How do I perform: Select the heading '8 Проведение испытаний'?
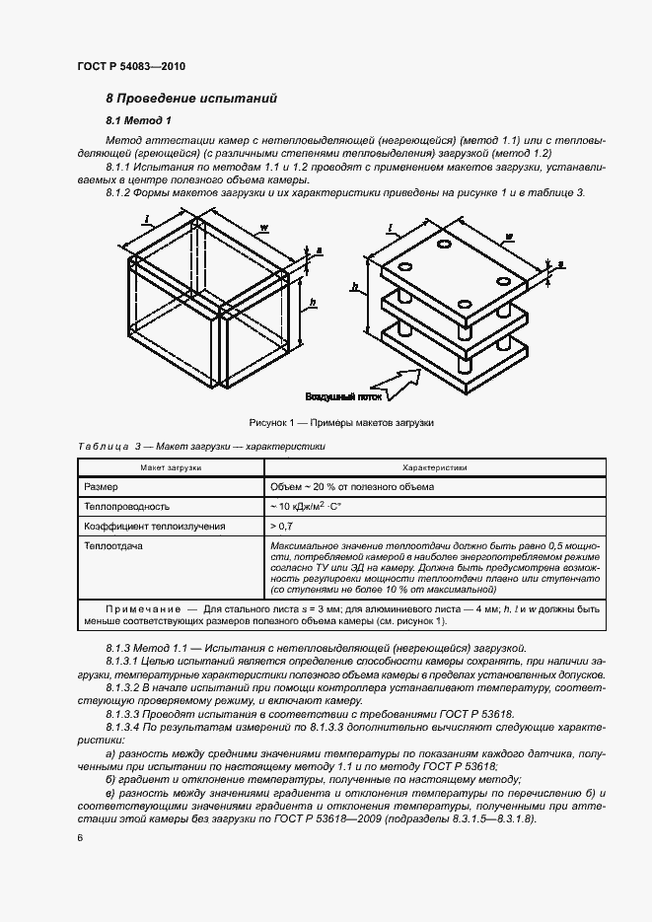(x=191, y=99)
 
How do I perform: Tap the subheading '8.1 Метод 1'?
(x=139, y=120)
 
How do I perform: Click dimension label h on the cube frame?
(x=313, y=302)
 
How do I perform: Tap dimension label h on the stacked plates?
(x=352, y=286)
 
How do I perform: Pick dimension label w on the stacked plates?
(x=507, y=237)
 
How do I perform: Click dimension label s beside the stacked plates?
(x=560, y=264)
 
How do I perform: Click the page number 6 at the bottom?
(x=80, y=836)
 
